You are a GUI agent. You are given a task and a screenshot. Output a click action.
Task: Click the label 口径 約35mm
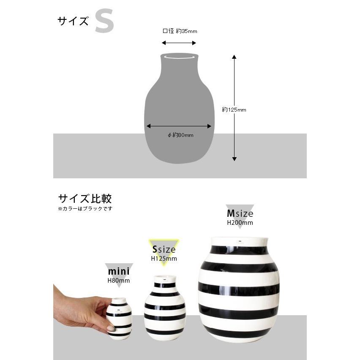click(x=180, y=31)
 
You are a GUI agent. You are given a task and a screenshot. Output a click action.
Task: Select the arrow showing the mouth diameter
click(x=179, y=43)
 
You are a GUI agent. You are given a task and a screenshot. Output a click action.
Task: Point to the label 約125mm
click(x=234, y=110)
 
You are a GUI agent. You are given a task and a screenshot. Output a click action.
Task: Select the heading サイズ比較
click(x=85, y=199)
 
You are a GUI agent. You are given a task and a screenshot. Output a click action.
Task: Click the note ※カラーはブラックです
click(x=85, y=209)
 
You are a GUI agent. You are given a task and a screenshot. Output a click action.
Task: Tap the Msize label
click(x=240, y=214)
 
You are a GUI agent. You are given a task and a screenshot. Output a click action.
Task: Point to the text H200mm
click(x=240, y=223)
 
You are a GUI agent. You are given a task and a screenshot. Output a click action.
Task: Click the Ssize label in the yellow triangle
click(x=164, y=250)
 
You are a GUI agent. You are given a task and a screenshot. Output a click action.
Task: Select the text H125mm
click(x=164, y=259)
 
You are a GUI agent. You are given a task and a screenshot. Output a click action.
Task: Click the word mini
click(x=118, y=271)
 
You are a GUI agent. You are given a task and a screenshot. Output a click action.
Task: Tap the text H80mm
click(x=118, y=280)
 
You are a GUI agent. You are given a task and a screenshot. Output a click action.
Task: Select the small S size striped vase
click(x=165, y=308)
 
